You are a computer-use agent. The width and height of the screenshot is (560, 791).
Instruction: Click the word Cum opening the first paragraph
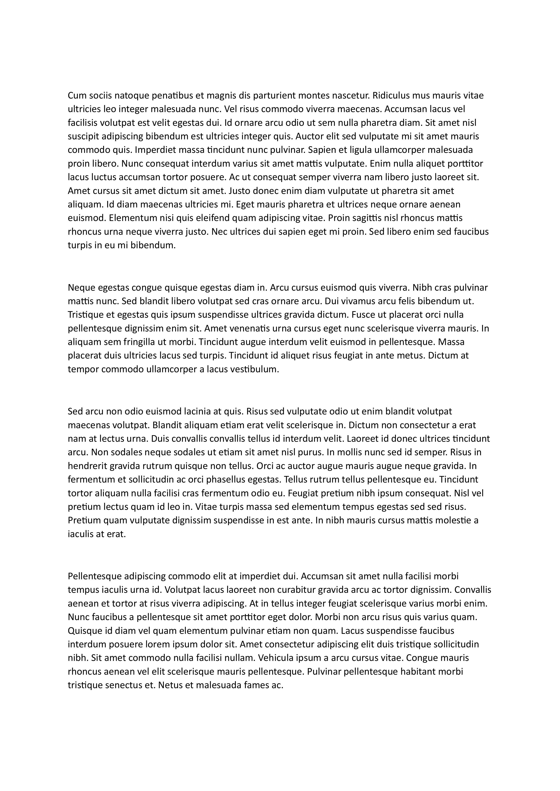[76, 95]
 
